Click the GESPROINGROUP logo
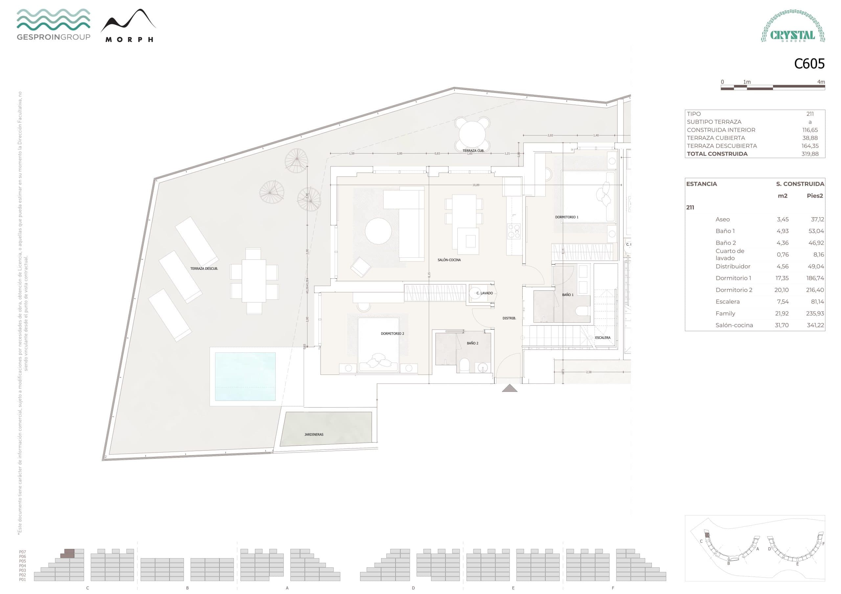54,25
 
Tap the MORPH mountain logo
128,26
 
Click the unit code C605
809,64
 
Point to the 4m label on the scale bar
821,82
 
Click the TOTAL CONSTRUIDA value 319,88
809,154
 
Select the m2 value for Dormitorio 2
781,290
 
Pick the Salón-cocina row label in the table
734,325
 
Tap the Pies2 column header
815,196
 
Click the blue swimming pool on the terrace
245,376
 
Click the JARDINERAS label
314,435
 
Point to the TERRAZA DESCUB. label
204,269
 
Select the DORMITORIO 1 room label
567,217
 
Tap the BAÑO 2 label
472,343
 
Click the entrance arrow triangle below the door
510,388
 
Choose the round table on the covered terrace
472,134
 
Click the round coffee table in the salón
378,231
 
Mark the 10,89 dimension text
476,185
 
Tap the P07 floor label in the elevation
23,552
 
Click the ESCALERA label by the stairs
602,338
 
